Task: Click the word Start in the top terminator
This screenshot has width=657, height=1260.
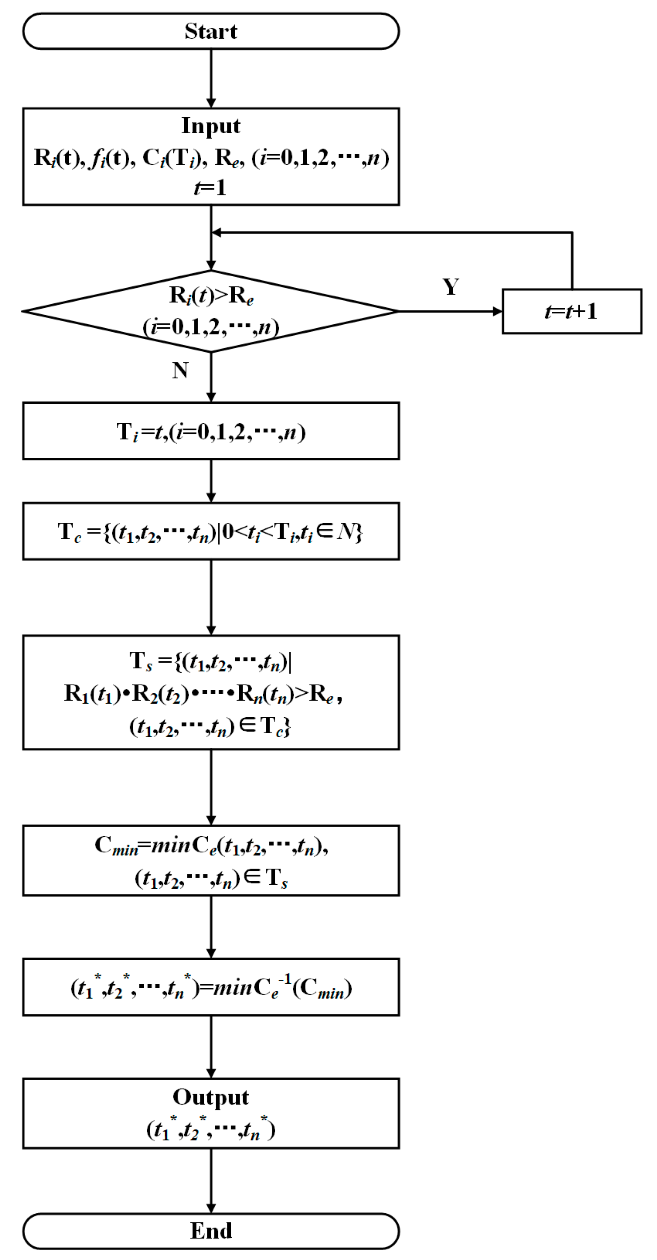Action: point(211,31)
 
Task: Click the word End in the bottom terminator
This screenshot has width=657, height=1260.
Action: point(211,1230)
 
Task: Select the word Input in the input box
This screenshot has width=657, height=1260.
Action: point(211,126)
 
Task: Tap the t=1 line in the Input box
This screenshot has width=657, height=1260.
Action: point(210,188)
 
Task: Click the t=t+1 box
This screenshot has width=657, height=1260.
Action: point(571,311)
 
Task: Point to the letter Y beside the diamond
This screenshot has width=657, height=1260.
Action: point(450,286)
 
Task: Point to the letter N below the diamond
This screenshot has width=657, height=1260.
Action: point(180,370)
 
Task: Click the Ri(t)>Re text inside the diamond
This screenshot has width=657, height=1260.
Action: point(211,295)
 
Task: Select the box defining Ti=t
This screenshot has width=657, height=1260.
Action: point(211,431)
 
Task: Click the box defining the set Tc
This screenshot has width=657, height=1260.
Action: point(211,531)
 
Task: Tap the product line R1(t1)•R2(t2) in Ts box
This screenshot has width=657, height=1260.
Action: point(203,693)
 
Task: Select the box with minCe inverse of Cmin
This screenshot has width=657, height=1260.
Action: point(211,987)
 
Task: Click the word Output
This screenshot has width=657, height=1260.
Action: point(211,1097)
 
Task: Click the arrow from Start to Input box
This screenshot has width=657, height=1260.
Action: point(211,78)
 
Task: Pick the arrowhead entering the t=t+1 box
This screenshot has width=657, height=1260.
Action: point(498,311)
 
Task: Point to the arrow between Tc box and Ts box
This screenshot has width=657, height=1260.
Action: point(211,597)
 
